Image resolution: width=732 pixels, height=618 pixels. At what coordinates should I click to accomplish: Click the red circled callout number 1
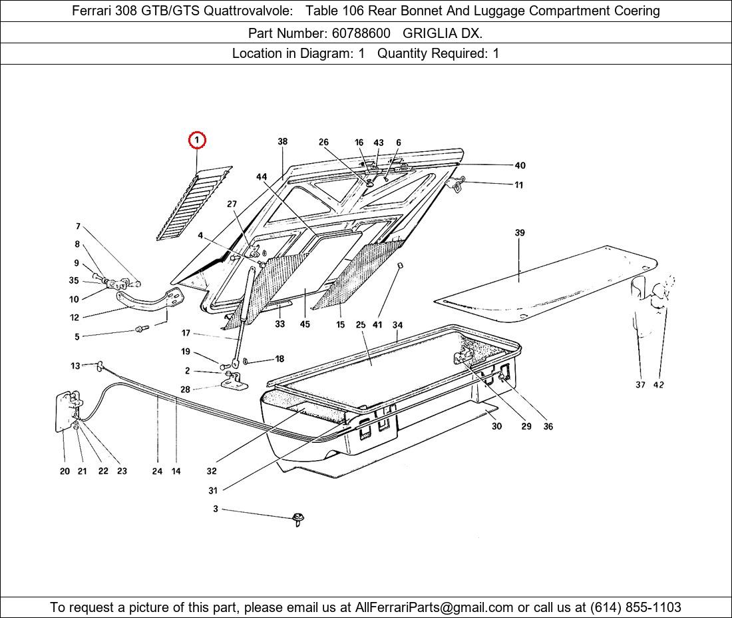(x=197, y=140)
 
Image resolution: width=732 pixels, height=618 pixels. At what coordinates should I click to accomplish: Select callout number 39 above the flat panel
(x=520, y=232)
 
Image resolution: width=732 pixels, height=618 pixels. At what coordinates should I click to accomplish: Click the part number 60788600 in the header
(x=361, y=33)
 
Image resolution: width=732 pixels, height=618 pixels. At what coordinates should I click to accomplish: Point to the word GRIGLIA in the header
(x=431, y=33)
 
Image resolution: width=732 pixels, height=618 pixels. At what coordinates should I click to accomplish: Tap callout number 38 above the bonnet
(x=283, y=142)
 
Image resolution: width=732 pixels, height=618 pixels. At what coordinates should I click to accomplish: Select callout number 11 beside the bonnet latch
(x=518, y=185)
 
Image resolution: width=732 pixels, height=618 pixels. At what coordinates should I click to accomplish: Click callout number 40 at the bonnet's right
(x=520, y=166)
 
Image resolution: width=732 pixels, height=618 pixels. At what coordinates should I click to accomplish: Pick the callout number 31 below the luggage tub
(x=213, y=491)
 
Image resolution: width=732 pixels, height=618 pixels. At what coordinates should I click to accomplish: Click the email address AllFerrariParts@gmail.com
(x=435, y=607)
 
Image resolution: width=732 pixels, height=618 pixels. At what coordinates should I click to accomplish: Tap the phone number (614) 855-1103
(x=636, y=607)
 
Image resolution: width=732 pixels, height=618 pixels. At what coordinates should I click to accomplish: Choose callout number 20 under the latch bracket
(x=65, y=471)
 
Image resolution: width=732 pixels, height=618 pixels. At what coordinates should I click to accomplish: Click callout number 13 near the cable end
(x=75, y=366)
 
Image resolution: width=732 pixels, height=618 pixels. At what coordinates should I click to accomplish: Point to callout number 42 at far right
(x=659, y=385)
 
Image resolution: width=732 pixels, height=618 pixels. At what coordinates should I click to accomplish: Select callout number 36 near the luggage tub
(x=548, y=427)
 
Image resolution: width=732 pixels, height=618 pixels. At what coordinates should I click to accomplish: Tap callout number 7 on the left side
(x=78, y=226)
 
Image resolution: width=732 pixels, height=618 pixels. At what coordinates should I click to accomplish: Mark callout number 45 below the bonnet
(x=305, y=325)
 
